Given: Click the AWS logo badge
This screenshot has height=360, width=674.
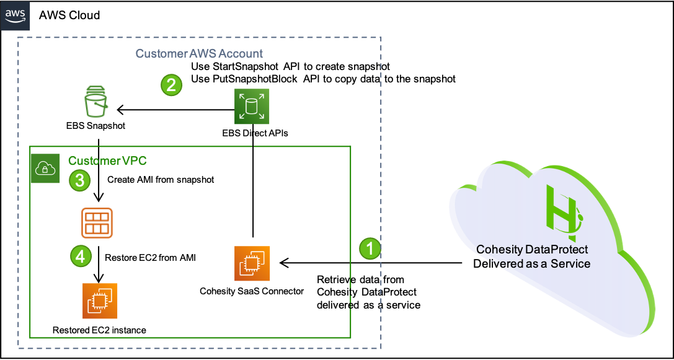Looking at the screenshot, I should (x=15, y=15).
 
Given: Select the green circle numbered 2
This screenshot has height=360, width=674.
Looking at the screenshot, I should (x=171, y=84).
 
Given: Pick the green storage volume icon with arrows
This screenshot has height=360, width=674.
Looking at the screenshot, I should (x=252, y=106).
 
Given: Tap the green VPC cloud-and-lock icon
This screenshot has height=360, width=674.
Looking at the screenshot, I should (x=46, y=169).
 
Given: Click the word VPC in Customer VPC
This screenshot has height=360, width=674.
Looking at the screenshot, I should (x=134, y=160).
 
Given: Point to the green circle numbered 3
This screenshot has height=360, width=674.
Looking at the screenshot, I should (x=79, y=181).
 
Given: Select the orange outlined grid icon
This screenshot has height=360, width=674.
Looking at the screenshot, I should (x=97, y=223).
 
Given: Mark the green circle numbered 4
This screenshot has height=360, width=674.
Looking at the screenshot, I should (x=81, y=256).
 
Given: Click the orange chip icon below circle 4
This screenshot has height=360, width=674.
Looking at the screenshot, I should (x=100, y=301).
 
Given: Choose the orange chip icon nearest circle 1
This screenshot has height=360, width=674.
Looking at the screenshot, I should (x=252, y=263).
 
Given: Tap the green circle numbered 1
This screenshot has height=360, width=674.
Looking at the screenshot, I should (x=370, y=249).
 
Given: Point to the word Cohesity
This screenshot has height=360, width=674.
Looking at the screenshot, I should (x=499, y=249).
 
